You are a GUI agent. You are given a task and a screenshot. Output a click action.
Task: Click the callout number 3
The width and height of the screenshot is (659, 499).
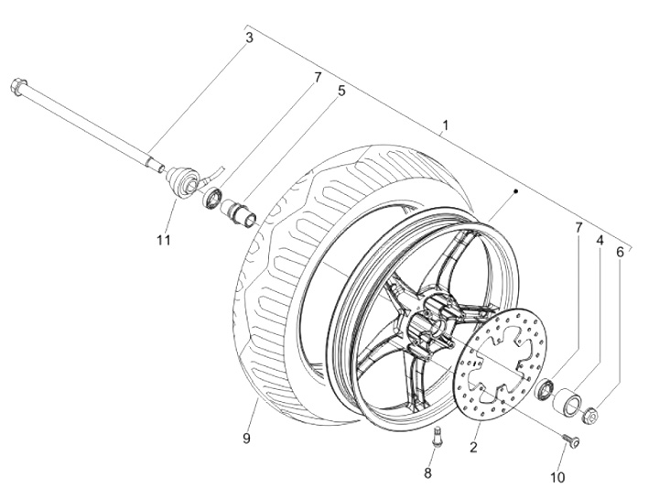coord(249,38)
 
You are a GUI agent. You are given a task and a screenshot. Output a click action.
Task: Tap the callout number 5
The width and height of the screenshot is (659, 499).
coord(341,91)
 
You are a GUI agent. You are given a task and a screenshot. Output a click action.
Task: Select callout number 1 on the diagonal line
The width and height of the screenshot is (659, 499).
coord(446,125)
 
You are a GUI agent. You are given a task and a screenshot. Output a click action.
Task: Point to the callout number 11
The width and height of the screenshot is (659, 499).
coord(164,240)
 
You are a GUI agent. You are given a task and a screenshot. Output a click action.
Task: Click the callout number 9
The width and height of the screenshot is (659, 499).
coord(246,439)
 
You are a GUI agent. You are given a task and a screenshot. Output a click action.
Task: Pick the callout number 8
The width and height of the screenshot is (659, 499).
coord(427,473)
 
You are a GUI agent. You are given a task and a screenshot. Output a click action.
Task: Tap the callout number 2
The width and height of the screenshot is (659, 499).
coord(474,448)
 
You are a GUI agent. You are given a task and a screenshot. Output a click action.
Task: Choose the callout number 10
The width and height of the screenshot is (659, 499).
coord(557,478)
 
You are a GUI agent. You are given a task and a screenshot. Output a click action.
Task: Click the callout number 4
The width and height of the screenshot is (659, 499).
coord(600,241)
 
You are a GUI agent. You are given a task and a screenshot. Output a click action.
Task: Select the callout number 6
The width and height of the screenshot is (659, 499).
coord(620,252)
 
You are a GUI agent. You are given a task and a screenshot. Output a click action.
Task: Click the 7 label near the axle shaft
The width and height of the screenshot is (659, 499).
coord(318,77)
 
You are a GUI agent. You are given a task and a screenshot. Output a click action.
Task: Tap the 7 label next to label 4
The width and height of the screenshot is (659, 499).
coord(578,228)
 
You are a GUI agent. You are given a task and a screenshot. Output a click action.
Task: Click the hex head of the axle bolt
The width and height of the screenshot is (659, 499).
coord(18,86)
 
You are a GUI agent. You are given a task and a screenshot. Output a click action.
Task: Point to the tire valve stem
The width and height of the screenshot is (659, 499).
coord(438,437)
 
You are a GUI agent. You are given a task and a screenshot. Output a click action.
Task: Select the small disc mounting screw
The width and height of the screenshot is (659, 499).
coord(572,441)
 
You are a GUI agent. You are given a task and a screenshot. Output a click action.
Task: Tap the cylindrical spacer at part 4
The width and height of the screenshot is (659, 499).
coord(567,402)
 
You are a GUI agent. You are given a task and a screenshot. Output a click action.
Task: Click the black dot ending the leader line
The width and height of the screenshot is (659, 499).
coord(515,191)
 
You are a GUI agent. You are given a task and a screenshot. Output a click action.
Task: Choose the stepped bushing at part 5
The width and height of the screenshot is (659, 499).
coord(240,213)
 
